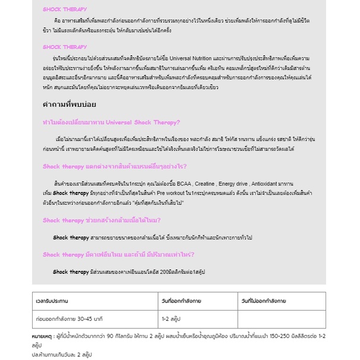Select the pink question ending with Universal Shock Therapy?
click(x=111, y=122)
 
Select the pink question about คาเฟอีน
click(x=127, y=254)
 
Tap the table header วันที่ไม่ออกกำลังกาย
click(x=264, y=301)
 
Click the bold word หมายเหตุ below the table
click(x=42, y=336)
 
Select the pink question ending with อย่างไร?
click(x=115, y=166)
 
